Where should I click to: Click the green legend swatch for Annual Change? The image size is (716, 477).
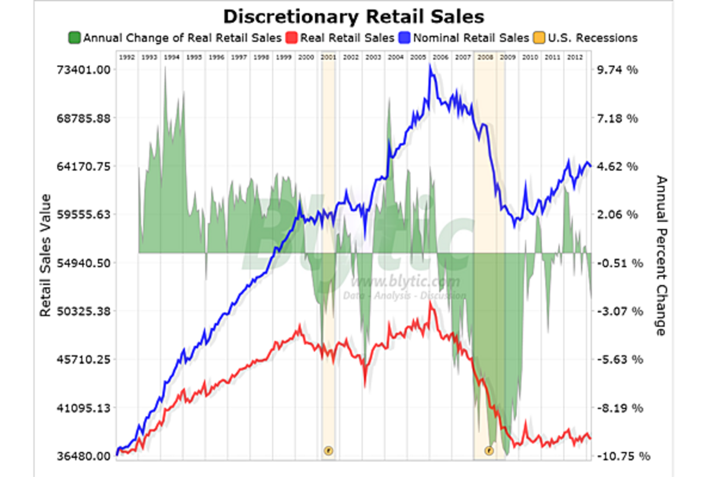(x=75, y=38)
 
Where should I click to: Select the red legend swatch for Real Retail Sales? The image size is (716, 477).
(x=292, y=38)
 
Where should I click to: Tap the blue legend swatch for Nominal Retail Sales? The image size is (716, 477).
(x=404, y=38)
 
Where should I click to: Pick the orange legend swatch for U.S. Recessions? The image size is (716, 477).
(x=538, y=38)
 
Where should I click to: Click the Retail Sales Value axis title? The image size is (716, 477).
(x=45, y=255)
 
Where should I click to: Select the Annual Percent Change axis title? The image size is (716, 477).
(x=661, y=255)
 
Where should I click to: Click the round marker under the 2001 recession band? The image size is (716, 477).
(x=328, y=450)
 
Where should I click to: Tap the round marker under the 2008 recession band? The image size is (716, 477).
(x=489, y=450)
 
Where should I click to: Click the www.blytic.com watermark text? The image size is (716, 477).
(x=406, y=282)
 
